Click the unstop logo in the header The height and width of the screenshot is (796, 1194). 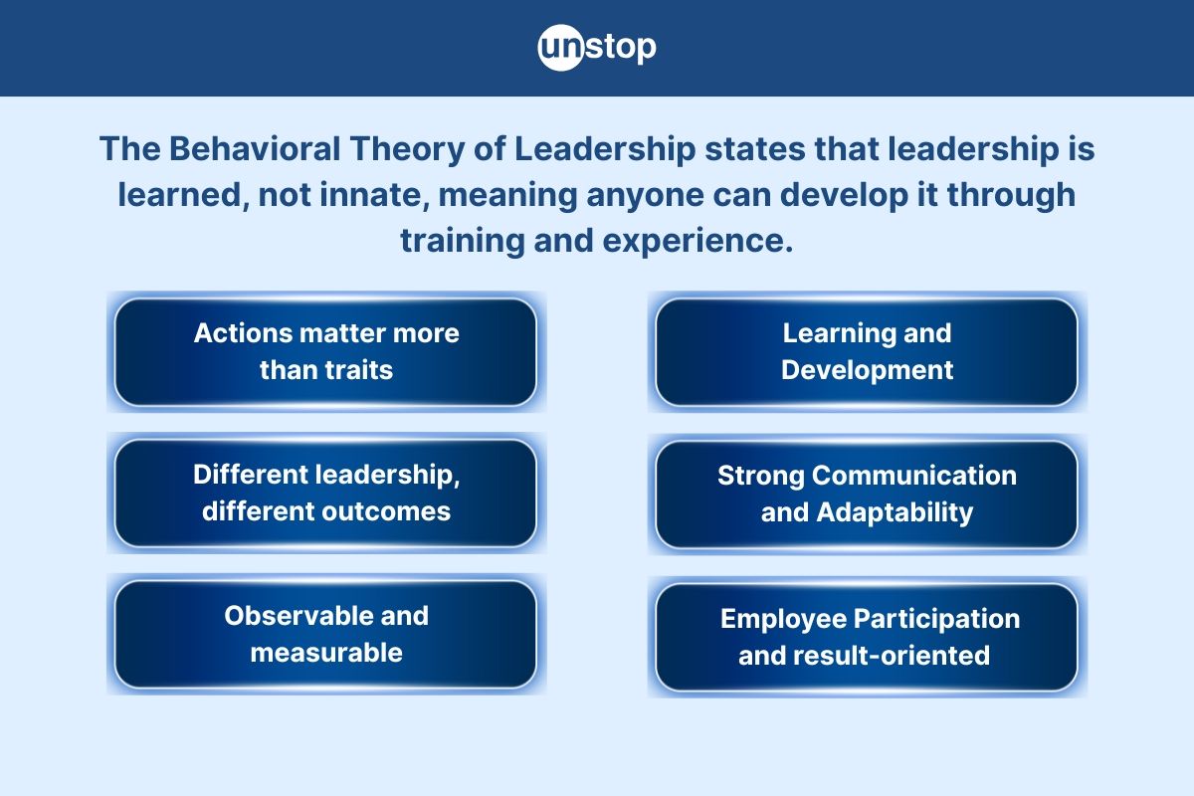click(x=597, y=48)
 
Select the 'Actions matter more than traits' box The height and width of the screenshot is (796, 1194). click(x=325, y=351)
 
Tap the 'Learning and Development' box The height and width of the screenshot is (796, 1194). click(x=866, y=351)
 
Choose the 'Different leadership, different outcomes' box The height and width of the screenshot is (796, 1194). click(x=325, y=494)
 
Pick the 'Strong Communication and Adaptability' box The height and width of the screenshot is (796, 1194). click(x=866, y=494)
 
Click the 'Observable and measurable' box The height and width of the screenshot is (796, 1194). click(x=325, y=634)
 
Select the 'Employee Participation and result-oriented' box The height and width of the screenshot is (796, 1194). click(x=866, y=637)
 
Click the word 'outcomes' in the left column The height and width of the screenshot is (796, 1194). click(x=391, y=511)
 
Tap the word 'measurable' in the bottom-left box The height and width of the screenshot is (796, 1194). click(x=325, y=653)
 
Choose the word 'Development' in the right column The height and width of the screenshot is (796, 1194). click(x=866, y=370)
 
